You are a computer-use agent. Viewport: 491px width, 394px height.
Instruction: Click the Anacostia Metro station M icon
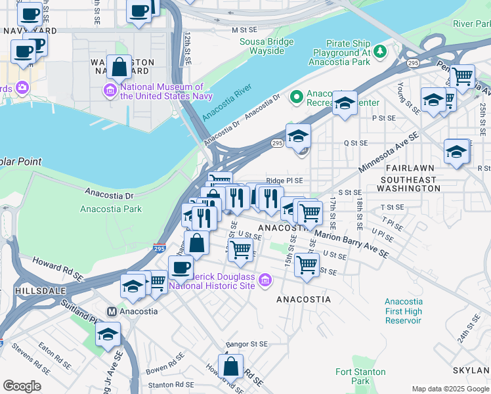click(112, 311)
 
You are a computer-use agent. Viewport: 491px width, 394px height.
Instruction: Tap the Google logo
click(22, 386)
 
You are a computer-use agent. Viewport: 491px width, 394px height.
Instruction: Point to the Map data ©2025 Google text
click(450, 389)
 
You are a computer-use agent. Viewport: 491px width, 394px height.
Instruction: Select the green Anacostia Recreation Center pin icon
click(297, 98)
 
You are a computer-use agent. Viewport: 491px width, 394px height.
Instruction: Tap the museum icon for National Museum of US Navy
click(110, 90)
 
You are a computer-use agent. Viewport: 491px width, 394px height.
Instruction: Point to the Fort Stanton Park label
click(352, 376)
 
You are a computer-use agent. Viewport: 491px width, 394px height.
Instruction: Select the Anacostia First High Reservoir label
click(403, 311)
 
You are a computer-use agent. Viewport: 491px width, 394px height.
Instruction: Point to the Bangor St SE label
click(247, 344)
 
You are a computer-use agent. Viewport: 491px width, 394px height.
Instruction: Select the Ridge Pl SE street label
click(284, 181)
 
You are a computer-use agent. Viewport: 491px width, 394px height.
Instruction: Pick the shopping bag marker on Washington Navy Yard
click(119, 67)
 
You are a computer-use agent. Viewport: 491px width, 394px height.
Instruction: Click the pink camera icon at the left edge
click(22, 87)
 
